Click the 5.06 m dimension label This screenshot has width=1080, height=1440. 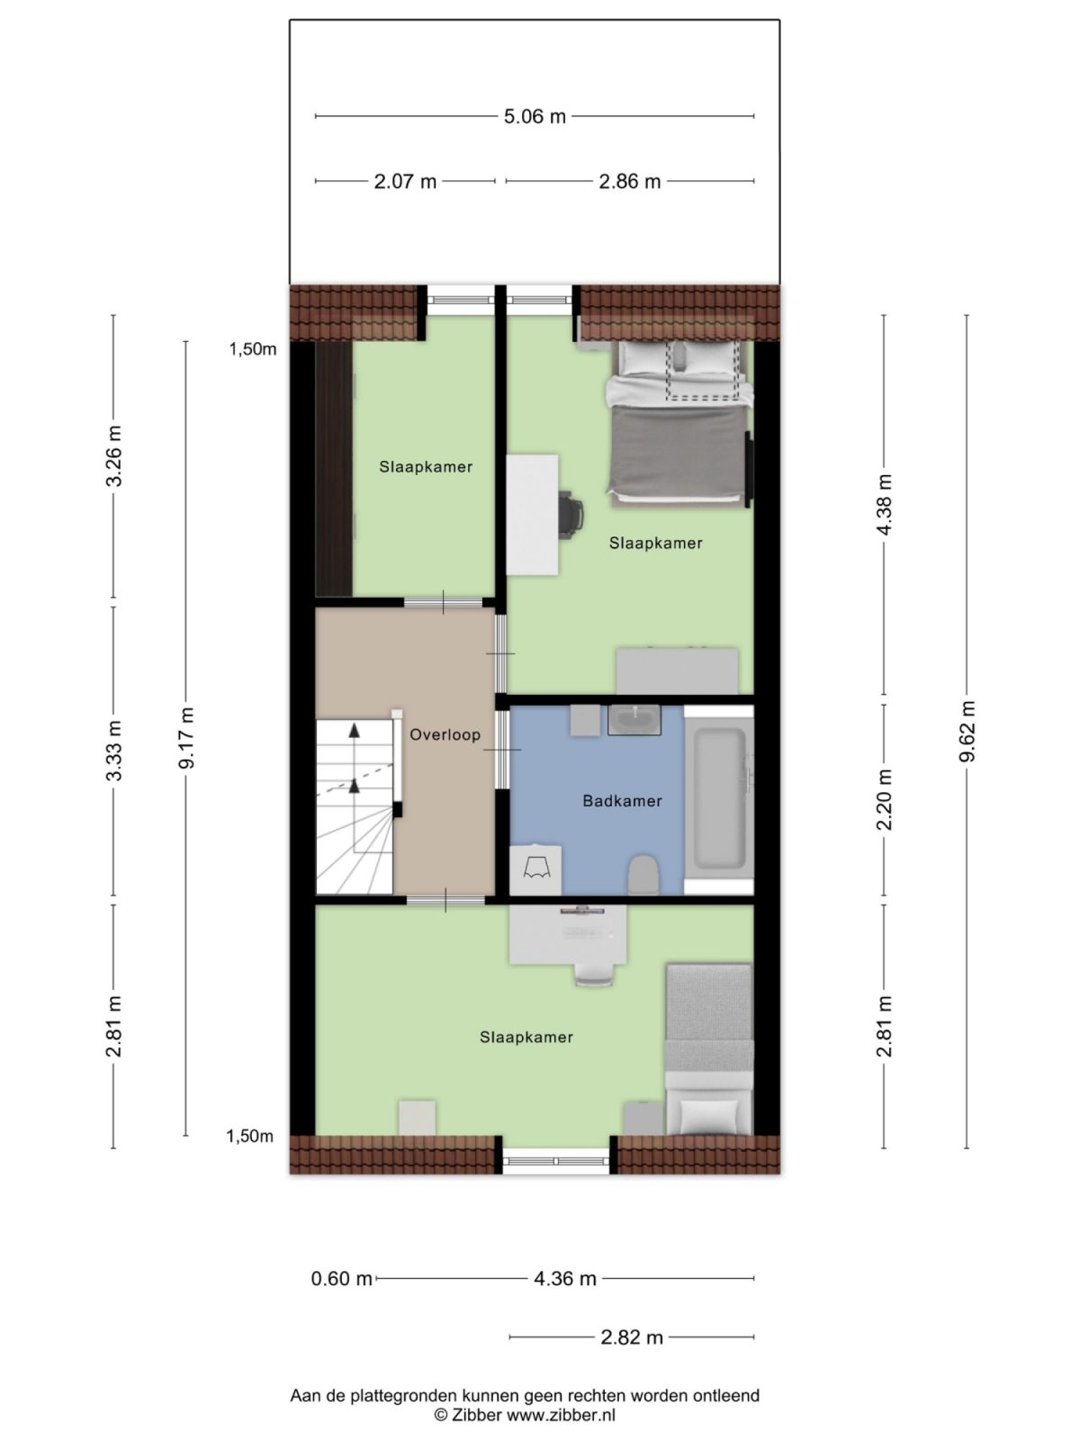[x=535, y=116]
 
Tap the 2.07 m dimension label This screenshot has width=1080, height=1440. [x=405, y=182]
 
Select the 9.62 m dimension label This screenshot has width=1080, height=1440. [x=967, y=731]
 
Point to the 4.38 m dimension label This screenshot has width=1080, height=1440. [x=884, y=505]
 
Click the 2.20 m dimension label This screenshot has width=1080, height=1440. [x=884, y=800]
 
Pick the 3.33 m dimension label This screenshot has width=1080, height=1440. [x=113, y=751]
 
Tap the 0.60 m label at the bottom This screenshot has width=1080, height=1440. [x=341, y=1279]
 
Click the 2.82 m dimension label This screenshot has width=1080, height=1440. [x=632, y=1337]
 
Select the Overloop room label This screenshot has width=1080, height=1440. [x=445, y=735]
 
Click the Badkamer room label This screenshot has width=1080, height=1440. [x=622, y=801]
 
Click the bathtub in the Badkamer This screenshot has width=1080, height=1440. [x=717, y=799]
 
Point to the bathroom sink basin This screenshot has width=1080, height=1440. [x=634, y=719]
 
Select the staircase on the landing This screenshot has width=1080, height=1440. [x=355, y=805]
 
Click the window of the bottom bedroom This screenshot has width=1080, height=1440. [x=556, y=1161]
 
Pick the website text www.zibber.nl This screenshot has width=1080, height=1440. [x=561, y=1415]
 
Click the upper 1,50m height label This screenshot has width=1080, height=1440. [x=252, y=350]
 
